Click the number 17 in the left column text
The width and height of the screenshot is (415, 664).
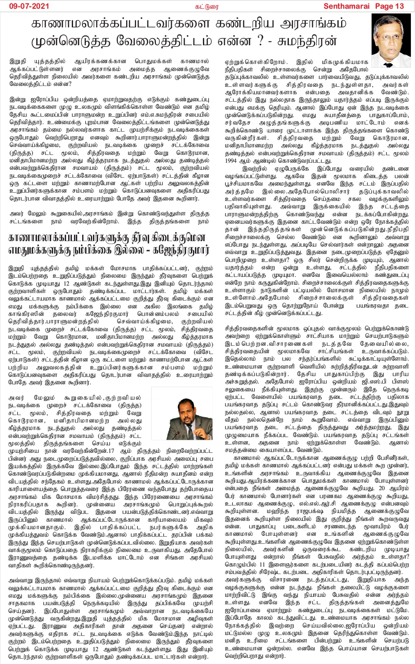pyautogui.click(x=111, y=450)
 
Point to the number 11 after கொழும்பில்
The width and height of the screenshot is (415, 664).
pyautogui.click(x=262, y=564)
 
